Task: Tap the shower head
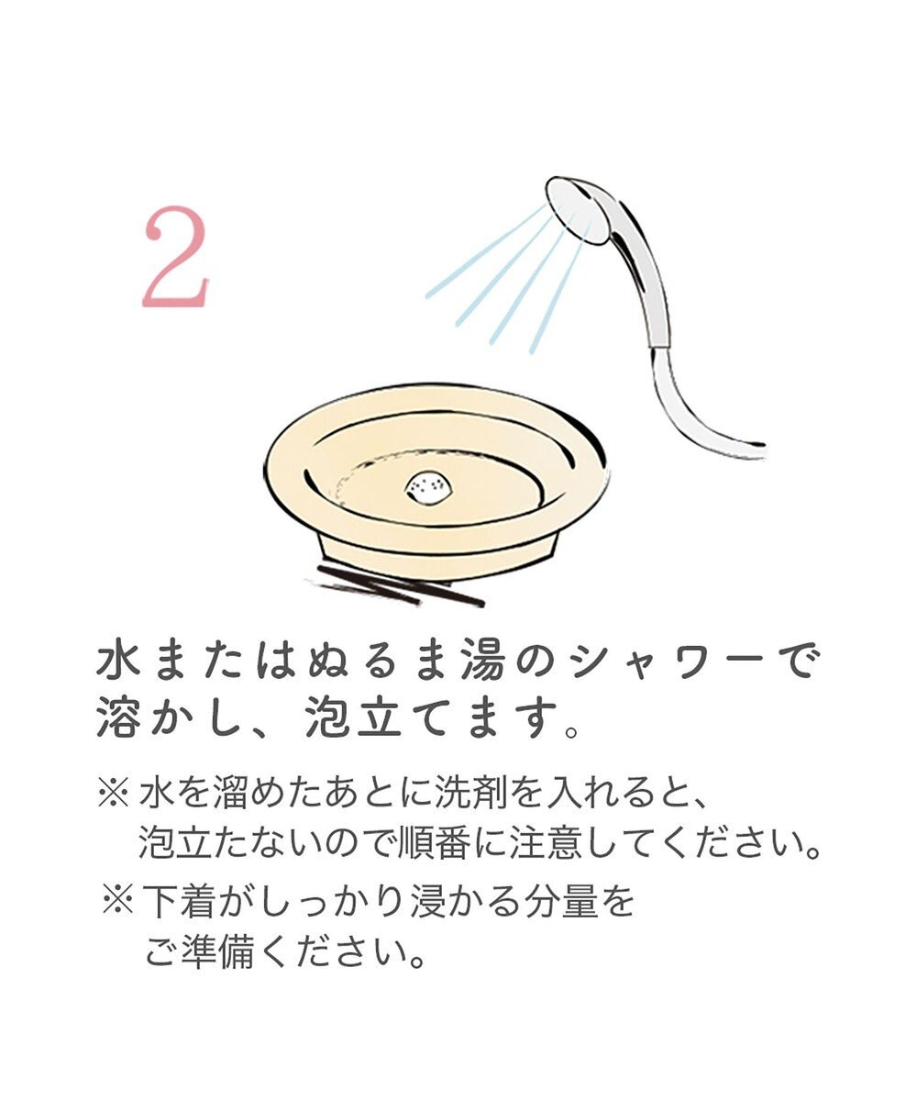point(578,209)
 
